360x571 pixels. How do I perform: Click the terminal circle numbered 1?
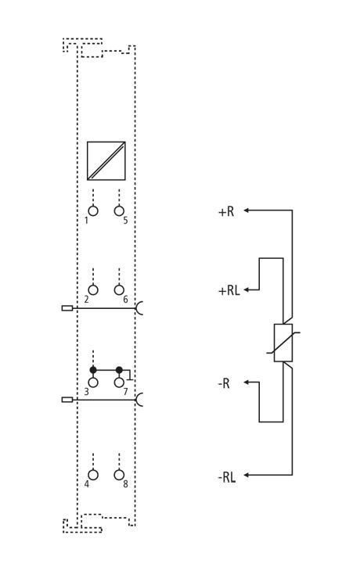click(x=93, y=211)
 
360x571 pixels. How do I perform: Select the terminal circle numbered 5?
click(x=119, y=211)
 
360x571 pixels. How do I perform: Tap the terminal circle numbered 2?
click(x=93, y=290)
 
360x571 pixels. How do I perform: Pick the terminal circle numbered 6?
click(x=119, y=290)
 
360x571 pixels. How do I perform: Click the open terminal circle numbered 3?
click(x=93, y=382)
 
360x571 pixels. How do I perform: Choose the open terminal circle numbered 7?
click(x=119, y=382)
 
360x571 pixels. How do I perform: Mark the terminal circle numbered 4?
click(x=93, y=475)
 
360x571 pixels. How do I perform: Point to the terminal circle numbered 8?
click(x=119, y=475)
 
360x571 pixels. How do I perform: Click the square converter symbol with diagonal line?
click(x=106, y=161)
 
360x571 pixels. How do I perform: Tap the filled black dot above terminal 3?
click(x=93, y=370)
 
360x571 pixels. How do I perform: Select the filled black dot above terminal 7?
click(x=119, y=370)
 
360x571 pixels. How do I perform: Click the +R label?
click(x=226, y=211)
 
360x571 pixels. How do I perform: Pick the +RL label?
click(x=229, y=291)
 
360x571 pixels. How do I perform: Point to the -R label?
click(x=224, y=383)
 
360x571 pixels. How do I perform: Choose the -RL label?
click(x=227, y=477)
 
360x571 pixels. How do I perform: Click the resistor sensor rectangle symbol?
click(x=283, y=343)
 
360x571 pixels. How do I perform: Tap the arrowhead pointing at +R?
click(x=246, y=210)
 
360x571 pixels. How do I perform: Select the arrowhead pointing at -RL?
click(x=246, y=475)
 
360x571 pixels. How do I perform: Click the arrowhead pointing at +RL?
click(x=246, y=290)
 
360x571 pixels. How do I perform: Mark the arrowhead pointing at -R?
click(x=246, y=382)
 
